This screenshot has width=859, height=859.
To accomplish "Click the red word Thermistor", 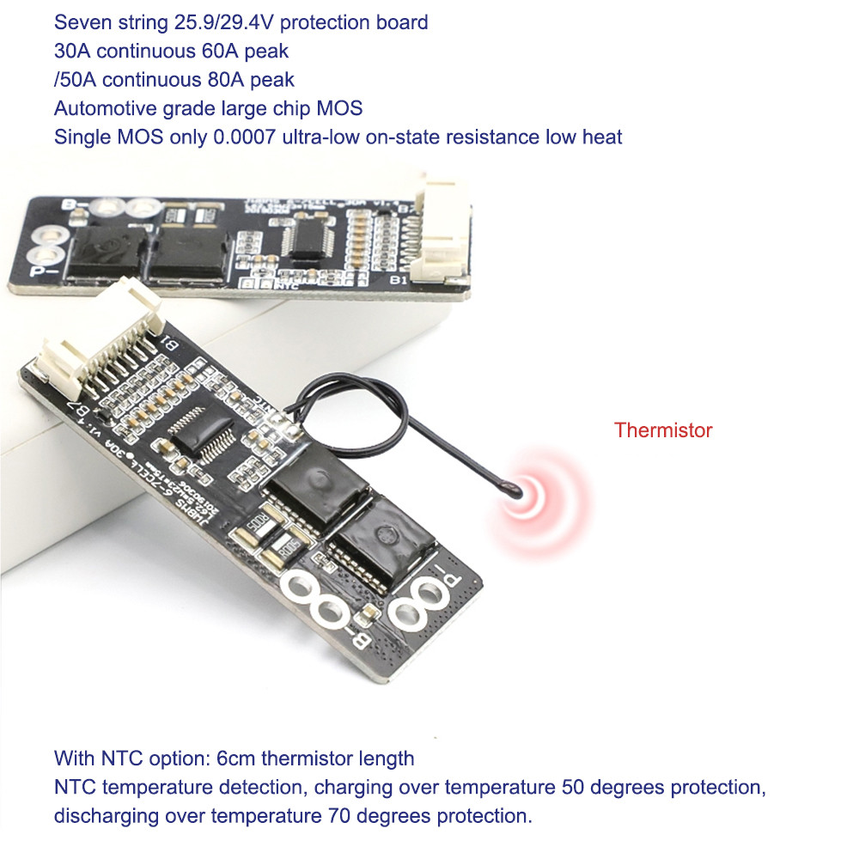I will (662, 430).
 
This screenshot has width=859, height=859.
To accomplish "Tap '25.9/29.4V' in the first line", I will (207, 21).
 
